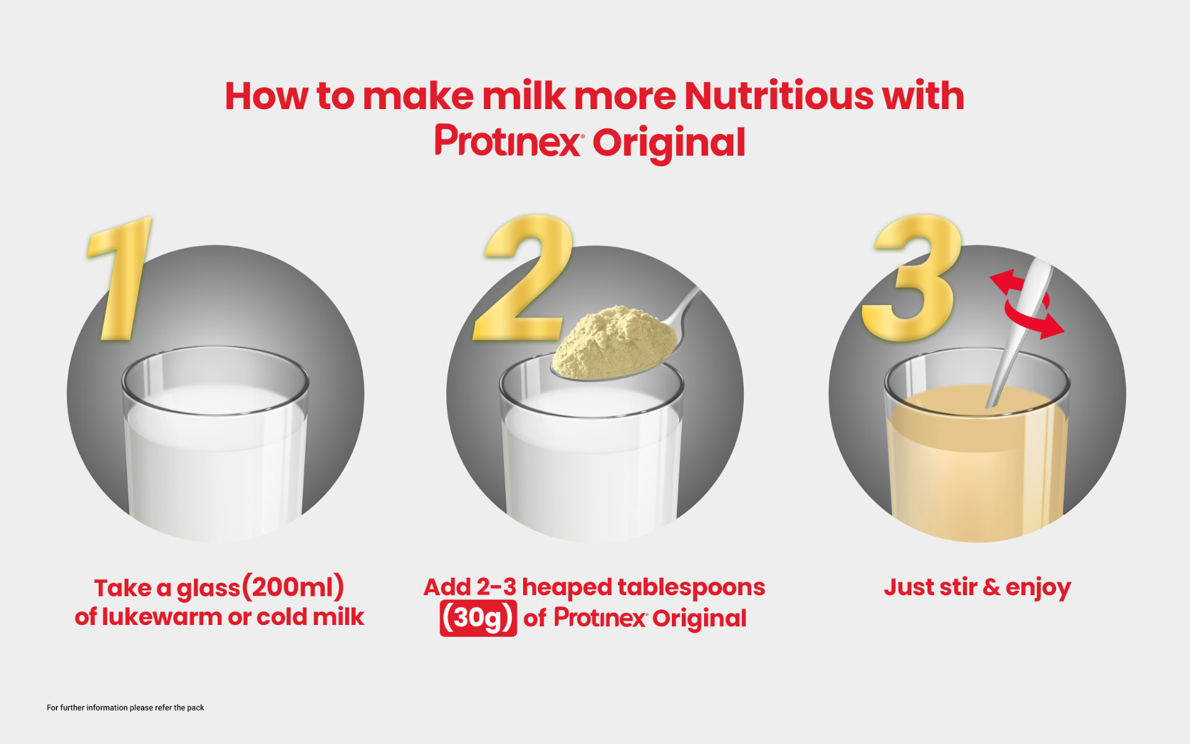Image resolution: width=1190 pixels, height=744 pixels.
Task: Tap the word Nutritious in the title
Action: (x=778, y=96)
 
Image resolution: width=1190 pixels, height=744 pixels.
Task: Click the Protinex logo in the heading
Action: (x=508, y=141)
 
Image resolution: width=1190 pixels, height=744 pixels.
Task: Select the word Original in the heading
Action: (x=669, y=143)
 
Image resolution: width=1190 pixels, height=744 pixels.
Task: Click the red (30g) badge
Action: (x=478, y=618)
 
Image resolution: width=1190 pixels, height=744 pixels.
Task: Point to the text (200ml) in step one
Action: (x=292, y=587)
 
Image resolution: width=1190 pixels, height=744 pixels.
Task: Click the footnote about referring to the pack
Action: (x=125, y=707)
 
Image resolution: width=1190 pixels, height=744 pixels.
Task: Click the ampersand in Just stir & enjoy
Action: (x=991, y=587)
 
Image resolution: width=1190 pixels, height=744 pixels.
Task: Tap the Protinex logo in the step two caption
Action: (x=600, y=618)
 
